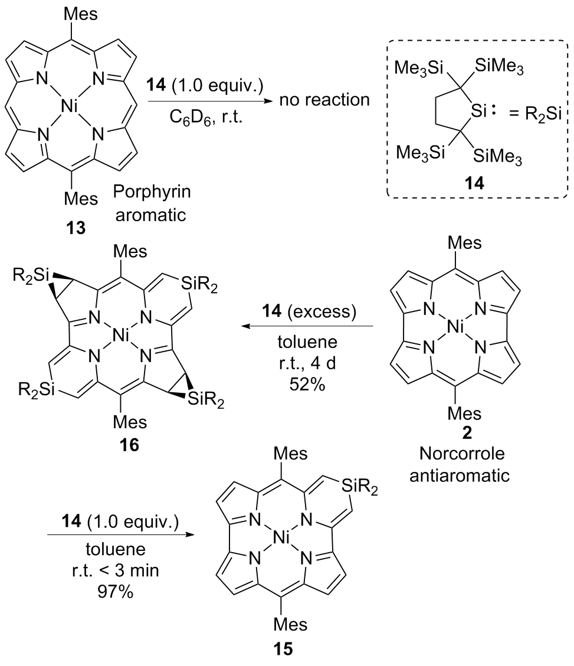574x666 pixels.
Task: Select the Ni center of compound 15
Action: tap(283, 541)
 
